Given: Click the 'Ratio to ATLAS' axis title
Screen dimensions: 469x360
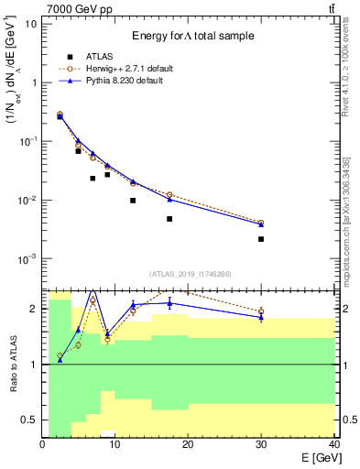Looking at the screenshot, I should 14,364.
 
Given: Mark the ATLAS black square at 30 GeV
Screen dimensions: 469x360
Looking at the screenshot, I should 261,239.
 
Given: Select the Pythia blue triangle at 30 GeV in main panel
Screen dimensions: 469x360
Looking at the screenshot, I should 261,224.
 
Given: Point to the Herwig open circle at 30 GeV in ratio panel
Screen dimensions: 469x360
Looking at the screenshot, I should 261,311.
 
